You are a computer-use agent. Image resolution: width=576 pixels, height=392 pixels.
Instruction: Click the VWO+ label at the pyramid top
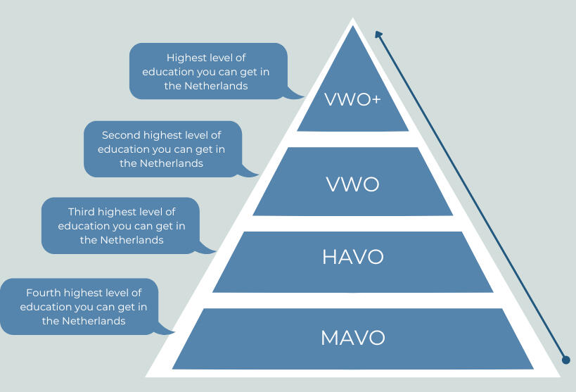tap(352, 99)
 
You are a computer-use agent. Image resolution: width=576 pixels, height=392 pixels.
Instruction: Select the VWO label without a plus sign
tap(352, 184)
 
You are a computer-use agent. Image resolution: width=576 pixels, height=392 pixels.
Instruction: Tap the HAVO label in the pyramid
tap(352, 257)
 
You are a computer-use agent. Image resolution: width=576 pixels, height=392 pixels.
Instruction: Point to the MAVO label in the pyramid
tap(352, 338)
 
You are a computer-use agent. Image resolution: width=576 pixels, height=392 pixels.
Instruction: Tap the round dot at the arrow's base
tap(565, 360)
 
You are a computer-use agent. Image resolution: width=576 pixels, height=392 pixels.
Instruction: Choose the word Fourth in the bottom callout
tap(43, 292)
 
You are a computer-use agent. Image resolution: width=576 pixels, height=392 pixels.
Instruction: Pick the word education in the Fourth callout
tap(44, 307)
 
